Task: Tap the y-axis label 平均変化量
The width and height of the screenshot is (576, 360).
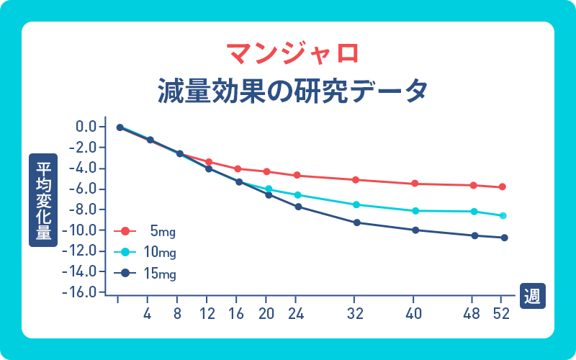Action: click(x=43, y=200)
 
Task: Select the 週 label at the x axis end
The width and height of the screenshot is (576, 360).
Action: click(x=533, y=295)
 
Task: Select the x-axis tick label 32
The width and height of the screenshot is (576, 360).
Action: click(x=354, y=314)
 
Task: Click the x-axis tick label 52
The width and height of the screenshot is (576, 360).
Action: click(x=501, y=314)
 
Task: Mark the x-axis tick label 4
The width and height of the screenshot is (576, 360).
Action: click(x=148, y=314)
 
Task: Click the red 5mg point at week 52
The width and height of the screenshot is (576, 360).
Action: click(x=503, y=187)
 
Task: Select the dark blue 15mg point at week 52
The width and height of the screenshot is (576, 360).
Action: click(x=504, y=238)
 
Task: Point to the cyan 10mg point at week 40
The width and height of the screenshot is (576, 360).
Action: click(x=414, y=211)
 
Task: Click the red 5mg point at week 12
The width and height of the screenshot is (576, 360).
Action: click(x=209, y=162)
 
